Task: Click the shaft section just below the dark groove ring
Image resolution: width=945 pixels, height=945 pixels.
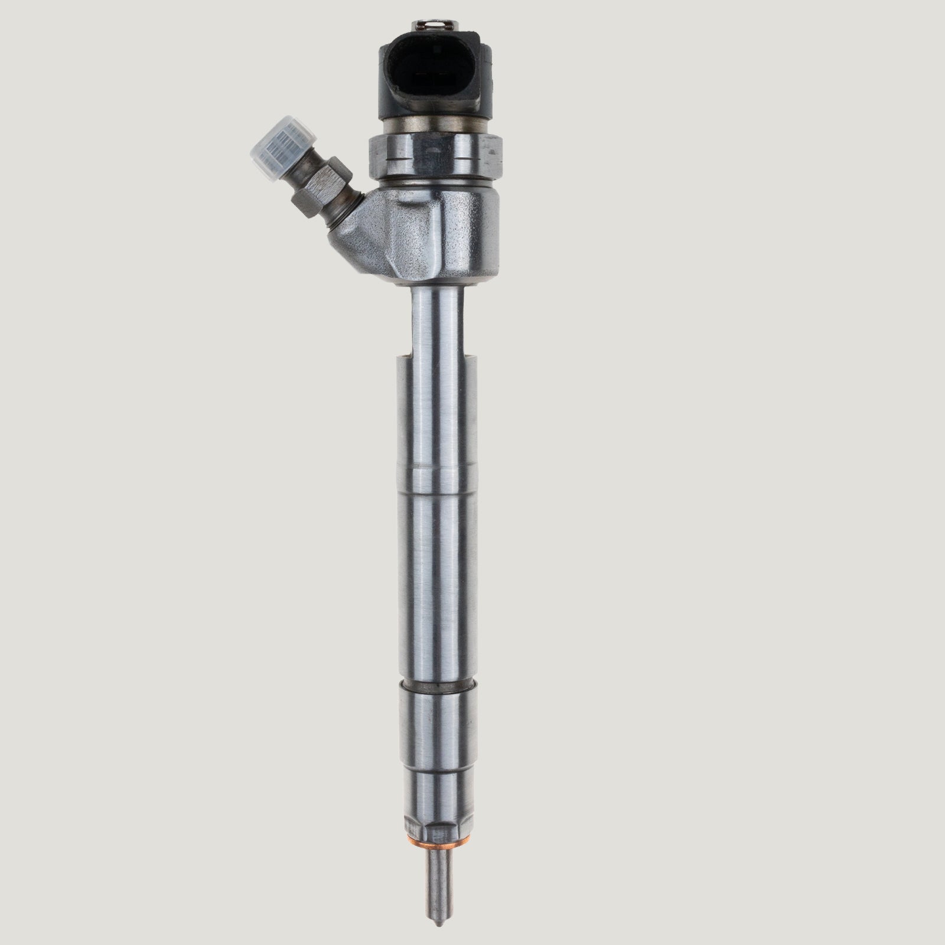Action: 438,726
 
